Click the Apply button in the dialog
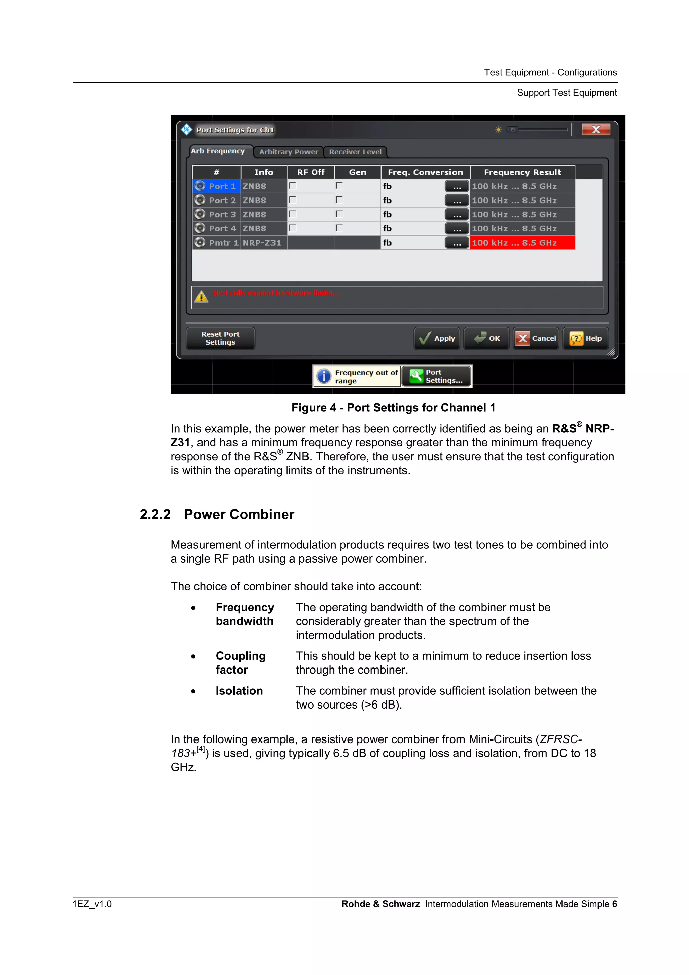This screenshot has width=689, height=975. click(436, 338)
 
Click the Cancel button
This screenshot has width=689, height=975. click(535, 338)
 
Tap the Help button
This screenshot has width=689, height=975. click(585, 338)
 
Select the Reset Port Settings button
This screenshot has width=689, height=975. click(220, 338)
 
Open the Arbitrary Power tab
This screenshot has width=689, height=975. click(288, 152)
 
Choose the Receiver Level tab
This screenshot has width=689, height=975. click(355, 152)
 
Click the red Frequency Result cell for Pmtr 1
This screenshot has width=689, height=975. click(522, 243)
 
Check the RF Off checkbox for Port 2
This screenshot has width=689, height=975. click(292, 200)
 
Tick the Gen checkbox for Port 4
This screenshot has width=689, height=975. click(339, 228)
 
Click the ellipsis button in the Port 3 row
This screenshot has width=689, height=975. click(457, 214)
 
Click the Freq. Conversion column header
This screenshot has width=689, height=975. click(425, 172)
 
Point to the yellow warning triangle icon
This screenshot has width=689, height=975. click(201, 296)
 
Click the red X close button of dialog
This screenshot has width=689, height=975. click(595, 130)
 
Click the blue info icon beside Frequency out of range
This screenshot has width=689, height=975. click(324, 376)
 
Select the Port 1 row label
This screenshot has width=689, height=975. click(222, 186)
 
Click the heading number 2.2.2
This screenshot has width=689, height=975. click(155, 515)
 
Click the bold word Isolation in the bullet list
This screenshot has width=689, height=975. click(239, 691)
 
